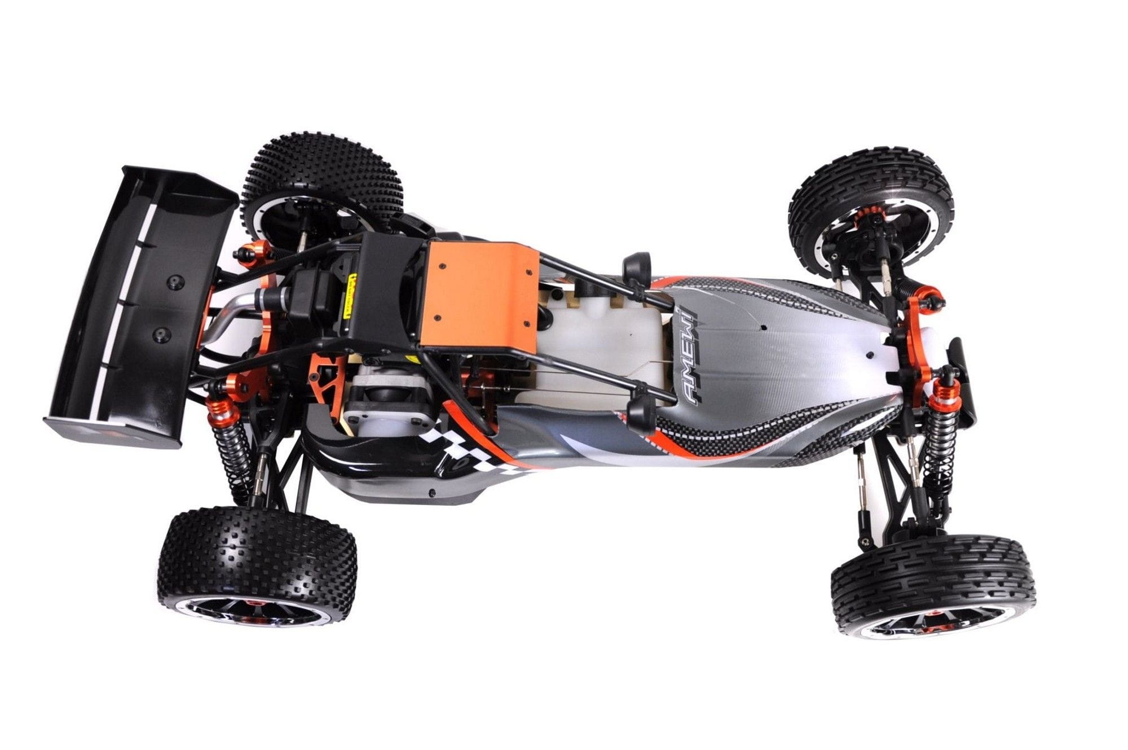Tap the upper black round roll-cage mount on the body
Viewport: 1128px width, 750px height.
tap(637, 265)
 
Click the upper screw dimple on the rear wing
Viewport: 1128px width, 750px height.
tap(176, 280)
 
